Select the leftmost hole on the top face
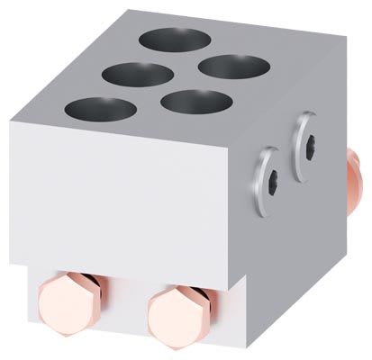coord(94,110)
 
